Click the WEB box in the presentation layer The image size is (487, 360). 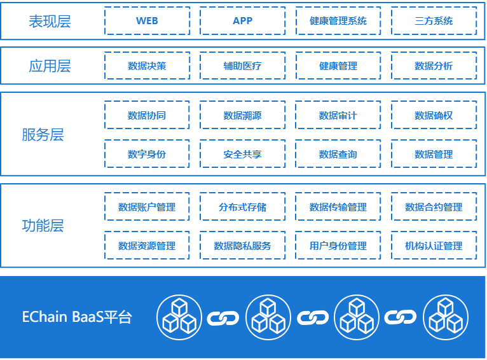pos(147,21)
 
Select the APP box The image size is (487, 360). pos(242,21)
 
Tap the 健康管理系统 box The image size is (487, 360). pos(338,21)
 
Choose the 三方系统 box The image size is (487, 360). pos(434,21)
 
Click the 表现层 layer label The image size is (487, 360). pos(50,22)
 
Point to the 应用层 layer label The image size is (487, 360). pos(50,66)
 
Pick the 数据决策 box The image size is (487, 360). pos(147,66)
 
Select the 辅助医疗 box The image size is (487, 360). pos(242,66)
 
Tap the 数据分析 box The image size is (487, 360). pos(434,66)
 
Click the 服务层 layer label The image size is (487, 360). pos(43,135)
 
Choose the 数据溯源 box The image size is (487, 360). pos(242,116)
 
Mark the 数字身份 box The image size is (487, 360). pos(147,154)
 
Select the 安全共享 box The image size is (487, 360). pos(242,154)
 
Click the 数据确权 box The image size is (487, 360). pos(434,116)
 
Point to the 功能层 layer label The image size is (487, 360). pos(43,226)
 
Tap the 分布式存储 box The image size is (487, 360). pos(242,207)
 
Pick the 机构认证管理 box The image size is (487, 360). pos(434,246)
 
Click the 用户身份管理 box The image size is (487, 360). pos(338,246)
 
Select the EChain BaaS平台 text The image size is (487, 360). pos(77,317)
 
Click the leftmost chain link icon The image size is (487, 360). pos(223,317)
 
